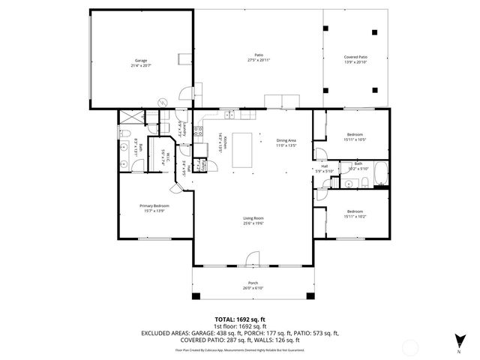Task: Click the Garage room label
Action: pyautogui.click(x=140, y=59)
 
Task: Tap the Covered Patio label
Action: pyautogui.click(x=355, y=57)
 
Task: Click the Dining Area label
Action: pyautogui.click(x=287, y=139)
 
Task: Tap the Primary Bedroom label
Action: pyautogui.click(x=154, y=205)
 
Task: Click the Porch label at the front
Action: pyautogui.click(x=253, y=283)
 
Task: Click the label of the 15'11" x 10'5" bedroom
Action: pyautogui.click(x=354, y=136)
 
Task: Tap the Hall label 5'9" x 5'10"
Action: pyautogui.click(x=325, y=169)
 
